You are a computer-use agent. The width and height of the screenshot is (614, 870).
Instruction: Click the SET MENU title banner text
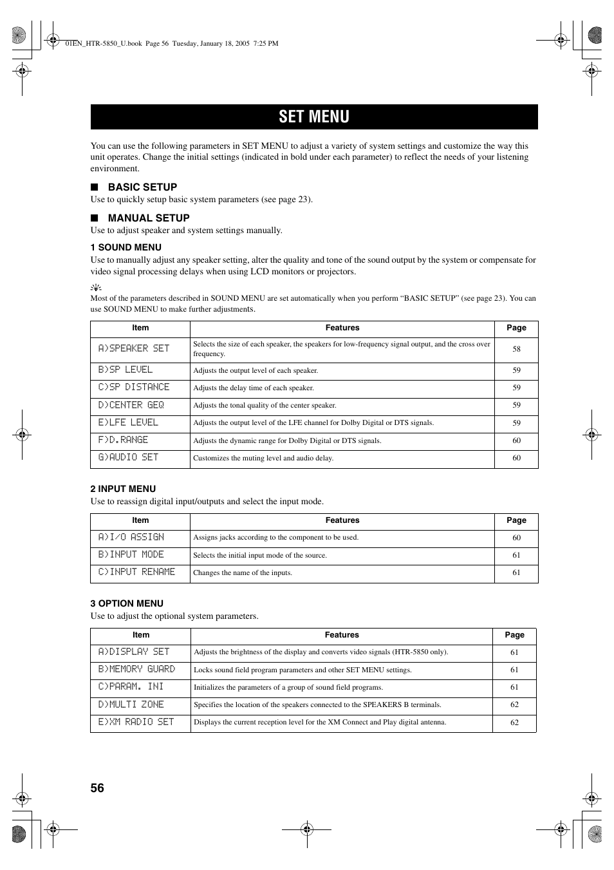[x=314, y=117]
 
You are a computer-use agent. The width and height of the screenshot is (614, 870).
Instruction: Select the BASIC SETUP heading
[x=142, y=187]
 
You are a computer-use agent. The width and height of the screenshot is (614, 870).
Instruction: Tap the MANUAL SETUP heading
[x=149, y=218]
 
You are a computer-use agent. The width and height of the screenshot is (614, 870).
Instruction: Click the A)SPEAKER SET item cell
[x=134, y=348]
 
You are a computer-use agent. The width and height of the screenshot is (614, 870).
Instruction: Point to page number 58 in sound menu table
[x=516, y=349]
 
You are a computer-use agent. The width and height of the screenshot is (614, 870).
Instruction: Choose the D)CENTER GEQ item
[x=131, y=405]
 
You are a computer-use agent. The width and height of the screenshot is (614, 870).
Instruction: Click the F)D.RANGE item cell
[x=124, y=440]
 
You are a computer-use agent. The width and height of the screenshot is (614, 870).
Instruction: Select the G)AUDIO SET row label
[x=128, y=457]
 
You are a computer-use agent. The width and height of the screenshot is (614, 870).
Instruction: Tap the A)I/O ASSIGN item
[x=131, y=537]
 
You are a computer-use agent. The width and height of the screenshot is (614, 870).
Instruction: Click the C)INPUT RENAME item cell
[x=136, y=572]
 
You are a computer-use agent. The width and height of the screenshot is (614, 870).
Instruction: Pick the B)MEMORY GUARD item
[x=136, y=669]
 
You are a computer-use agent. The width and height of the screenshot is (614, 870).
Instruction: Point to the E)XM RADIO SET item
[x=136, y=722]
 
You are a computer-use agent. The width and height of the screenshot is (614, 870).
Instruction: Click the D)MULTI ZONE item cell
[x=131, y=705]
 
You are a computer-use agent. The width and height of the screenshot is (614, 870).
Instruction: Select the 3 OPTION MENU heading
[x=127, y=603]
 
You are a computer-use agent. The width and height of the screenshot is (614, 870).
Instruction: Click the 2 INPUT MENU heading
[x=123, y=489]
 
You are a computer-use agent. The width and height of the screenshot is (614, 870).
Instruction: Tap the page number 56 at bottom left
[x=97, y=788]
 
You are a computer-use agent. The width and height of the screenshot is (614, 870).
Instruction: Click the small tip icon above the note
[x=96, y=287]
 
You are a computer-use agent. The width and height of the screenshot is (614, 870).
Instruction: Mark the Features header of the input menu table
[x=342, y=520]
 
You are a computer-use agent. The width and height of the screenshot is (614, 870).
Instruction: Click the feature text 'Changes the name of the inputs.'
[x=243, y=572]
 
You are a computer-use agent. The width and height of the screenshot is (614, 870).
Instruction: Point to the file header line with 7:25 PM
[x=172, y=44]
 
